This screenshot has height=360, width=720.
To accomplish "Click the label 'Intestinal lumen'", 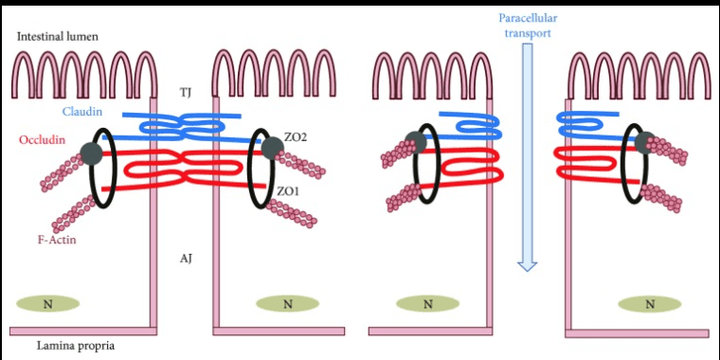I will coord(58,36).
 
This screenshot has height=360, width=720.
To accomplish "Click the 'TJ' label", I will coord(187,92).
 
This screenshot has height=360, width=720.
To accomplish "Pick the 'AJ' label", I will coord(187,258).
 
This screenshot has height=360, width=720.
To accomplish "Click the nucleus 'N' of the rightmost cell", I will coord(650,303).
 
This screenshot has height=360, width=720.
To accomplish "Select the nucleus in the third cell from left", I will coord(427,303).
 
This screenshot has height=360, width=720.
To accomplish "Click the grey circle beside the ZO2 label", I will coord(272,147).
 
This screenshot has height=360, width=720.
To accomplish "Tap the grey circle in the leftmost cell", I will coord(93,153).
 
